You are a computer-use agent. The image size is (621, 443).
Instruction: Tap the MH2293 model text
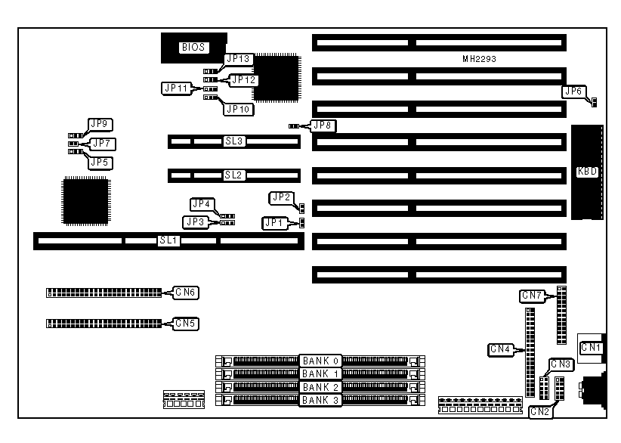coord(479,58)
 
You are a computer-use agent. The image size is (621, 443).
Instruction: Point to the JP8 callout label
coord(323,125)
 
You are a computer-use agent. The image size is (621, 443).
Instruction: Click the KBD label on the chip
coord(587,172)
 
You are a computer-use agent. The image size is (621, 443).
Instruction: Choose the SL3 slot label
coord(233,141)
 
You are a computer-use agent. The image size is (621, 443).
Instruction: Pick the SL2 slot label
coord(233,175)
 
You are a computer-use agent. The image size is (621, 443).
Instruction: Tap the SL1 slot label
coord(168,240)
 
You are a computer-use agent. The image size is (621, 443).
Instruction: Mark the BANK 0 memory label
coord(321,360)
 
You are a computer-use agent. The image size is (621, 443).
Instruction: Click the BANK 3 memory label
coord(321,399)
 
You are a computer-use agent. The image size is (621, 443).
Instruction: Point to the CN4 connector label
coord(501,349)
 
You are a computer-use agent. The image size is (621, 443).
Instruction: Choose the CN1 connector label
coord(590,348)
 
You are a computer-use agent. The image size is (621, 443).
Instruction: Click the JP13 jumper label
coord(238,58)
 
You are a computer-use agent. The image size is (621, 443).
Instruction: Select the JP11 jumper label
coord(175,88)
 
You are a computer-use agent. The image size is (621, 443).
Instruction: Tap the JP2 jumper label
coord(280,197)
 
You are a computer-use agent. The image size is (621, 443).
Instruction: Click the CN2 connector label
coord(539,411)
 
